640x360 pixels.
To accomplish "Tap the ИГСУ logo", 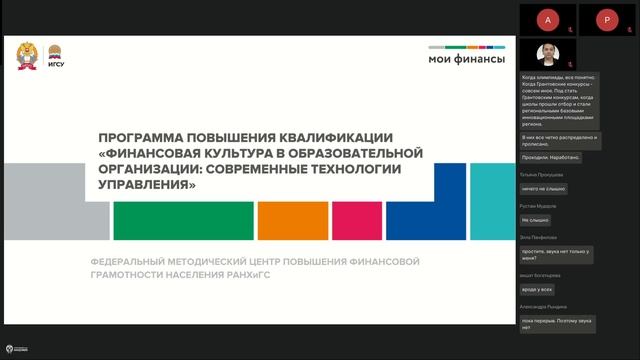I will click(x=58, y=59).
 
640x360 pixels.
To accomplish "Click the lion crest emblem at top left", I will click(x=29, y=57).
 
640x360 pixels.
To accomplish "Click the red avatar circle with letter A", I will click(x=544, y=19).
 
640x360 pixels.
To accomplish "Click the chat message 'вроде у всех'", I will click(x=537, y=289).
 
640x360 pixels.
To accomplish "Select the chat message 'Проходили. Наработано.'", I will click(x=550, y=157).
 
